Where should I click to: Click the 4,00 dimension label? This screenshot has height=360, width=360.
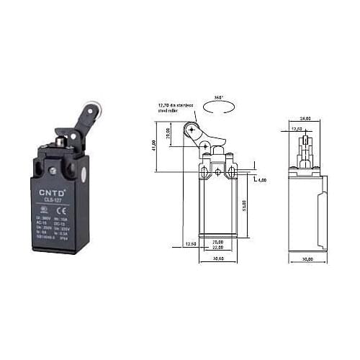[261, 179]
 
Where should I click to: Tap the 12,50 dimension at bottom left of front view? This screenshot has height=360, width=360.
[188, 243]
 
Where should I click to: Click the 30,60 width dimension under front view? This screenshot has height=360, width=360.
[218, 258]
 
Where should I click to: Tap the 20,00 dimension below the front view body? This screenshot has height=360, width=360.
[218, 242]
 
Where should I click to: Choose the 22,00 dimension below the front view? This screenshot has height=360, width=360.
[218, 248]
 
